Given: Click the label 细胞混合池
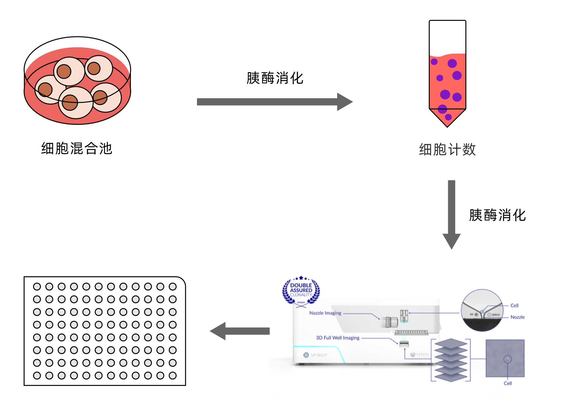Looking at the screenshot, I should tap(77, 148).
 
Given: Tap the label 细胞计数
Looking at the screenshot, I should tap(447, 149).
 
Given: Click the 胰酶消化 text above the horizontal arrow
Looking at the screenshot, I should tap(275, 78).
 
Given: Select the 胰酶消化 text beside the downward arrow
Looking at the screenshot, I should tap(497, 215).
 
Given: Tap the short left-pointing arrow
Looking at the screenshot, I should tap(240, 331).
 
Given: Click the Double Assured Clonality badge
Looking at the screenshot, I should tap(301, 291).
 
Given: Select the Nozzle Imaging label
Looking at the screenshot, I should tap(325, 313).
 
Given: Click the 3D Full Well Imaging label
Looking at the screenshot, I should tap(337, 338).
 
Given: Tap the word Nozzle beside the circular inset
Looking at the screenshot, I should tap(517, 317).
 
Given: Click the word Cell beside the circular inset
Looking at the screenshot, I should tap(514, 305).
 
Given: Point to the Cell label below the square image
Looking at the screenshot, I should tap(508, 383).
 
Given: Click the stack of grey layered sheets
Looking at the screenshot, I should tap(451, 360).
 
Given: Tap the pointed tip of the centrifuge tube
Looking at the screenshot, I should tap(447, 124).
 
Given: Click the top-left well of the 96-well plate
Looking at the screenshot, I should tap(37, 286).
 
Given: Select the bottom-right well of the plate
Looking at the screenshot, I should tap(173, 375).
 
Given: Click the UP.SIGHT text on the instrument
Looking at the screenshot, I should tap(319, 355).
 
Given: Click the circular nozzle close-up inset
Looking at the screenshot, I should tap(482, 310).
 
